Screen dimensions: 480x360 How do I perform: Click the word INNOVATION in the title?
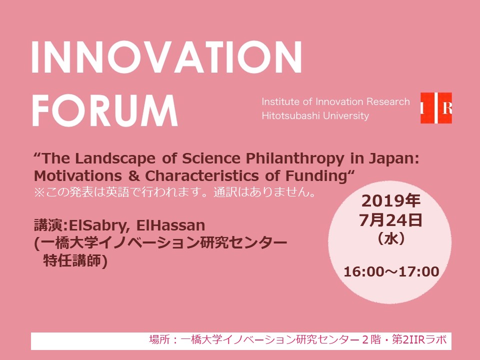point(167,57)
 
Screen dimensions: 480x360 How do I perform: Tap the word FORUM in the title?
point(105,110)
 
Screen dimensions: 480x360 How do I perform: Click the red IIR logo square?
point(436,108)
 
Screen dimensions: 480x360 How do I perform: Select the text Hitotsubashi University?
point(315,115)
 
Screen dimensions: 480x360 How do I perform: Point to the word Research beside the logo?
point(388,101)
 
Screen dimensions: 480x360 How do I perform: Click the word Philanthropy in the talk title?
point(295,159)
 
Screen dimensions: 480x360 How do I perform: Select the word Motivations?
point(78,176)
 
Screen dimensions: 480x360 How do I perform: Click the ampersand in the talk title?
point(133,176)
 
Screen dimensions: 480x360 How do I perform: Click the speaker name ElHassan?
point(170,225)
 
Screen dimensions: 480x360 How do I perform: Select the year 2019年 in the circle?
point(391,201)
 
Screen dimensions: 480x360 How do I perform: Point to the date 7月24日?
point(391,220)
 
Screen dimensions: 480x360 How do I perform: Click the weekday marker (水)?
point(391,238)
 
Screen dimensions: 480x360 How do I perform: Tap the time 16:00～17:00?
point(391,272)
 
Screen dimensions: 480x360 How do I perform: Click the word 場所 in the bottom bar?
point(159,340)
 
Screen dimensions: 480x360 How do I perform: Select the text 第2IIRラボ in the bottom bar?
point(419,340)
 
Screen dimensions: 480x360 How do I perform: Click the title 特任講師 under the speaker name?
point(72,260)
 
